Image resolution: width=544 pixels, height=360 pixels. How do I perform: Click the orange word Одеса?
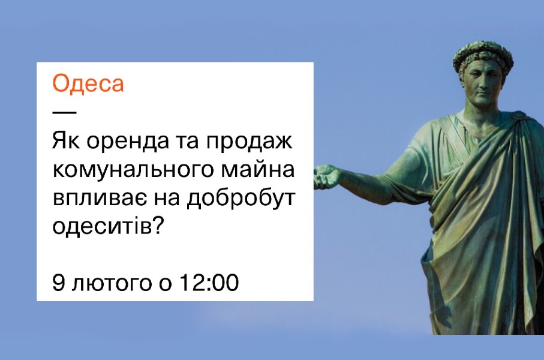pos(88,83)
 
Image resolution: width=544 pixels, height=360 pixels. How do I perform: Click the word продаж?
pos(250,142)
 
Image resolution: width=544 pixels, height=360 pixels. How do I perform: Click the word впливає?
pos(98,198)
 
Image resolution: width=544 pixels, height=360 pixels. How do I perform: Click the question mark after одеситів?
pos(158,224)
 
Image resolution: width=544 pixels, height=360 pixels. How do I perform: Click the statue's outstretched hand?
pos(327,176)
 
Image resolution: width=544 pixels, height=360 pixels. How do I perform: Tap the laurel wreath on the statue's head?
pos(483,56)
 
